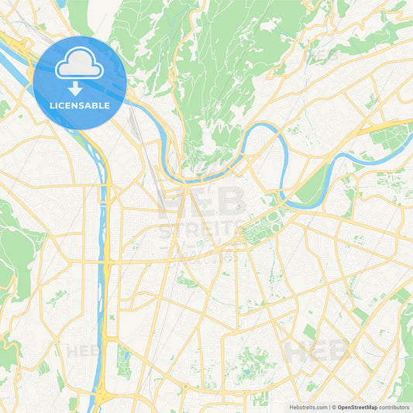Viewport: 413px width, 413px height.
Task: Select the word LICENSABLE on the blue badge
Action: (x=80, y=105)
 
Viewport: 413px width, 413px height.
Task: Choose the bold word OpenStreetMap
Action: (x=357, y=407)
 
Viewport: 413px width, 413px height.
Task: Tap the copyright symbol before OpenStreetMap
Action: (x=334, y=407)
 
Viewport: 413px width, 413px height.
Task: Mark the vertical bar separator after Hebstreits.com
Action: (x=329, y=407)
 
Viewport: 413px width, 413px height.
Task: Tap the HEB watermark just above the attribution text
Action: (x=318, y=350)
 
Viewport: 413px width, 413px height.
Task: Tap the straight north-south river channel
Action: (x=102, y=256)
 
